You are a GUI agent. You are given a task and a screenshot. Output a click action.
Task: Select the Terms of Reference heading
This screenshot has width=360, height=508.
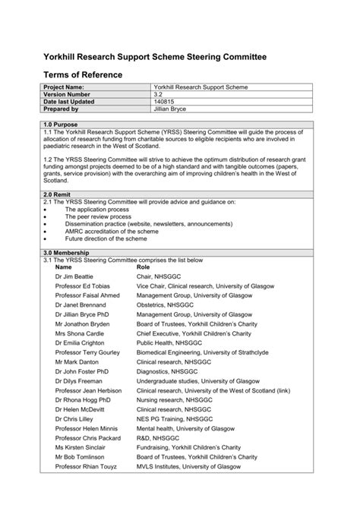[83, 75]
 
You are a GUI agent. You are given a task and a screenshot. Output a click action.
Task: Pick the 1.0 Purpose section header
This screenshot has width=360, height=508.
[62, 124]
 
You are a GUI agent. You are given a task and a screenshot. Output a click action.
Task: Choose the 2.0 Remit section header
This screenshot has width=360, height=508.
[58, 194]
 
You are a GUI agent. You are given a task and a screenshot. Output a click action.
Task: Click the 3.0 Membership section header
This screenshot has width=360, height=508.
[67, 252]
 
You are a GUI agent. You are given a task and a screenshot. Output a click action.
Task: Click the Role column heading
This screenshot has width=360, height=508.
[144, 267]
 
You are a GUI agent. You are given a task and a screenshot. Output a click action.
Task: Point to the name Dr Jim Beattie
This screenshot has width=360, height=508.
[74, 277]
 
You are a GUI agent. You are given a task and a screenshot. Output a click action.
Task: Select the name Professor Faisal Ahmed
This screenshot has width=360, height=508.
[87, 295]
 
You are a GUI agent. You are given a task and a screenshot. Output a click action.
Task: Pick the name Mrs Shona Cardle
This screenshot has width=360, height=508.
[80, 333]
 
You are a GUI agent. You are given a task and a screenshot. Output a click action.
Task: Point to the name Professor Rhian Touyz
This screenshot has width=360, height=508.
[87, 467]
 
